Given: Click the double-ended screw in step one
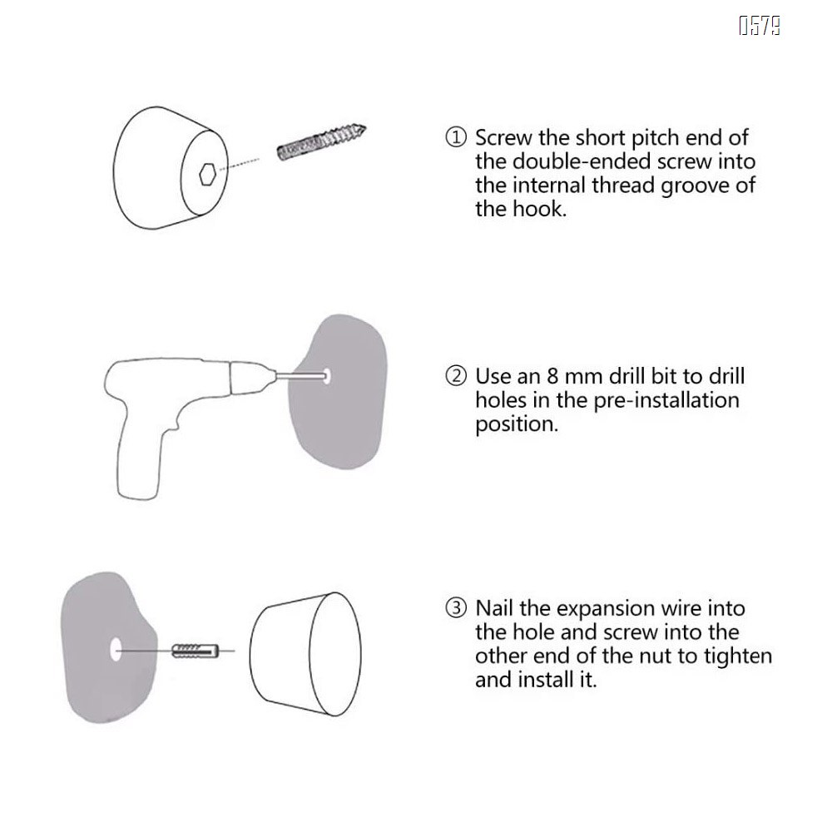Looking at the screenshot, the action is [322, 142].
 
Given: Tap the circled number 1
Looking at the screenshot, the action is [456, 137].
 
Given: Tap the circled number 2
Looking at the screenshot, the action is [456, 376].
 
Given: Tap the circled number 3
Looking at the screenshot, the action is [456, 608].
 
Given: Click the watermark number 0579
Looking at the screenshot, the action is [760, 26].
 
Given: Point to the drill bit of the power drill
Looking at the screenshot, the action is [300, 376].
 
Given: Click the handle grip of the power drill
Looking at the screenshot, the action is [139, 456].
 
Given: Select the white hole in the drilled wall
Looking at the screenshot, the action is [327, 376].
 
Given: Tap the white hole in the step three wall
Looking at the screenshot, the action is [116, 651].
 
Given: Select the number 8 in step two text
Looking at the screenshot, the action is [552, 376].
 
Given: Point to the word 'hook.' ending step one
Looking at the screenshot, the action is [540, 209].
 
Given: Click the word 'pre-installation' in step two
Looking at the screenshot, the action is [666, 400].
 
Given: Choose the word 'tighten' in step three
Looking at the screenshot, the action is [737, 656].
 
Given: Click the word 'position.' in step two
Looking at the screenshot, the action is [517, 424].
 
